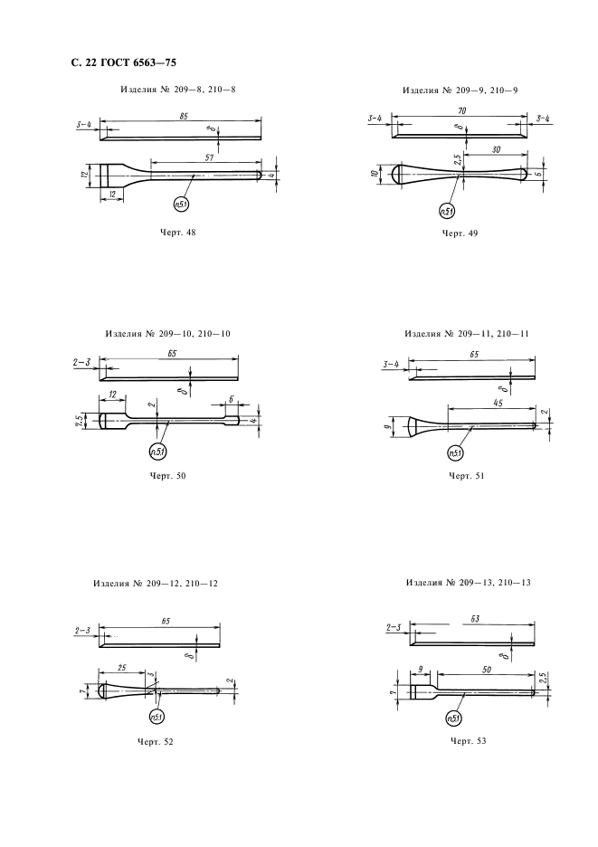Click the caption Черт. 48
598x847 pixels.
pos(178,233)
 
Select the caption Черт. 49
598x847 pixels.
pos(460,233)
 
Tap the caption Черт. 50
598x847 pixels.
pos(167,476)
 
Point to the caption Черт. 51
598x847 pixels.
pos(466,476)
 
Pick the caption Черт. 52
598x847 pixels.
pos(155,742)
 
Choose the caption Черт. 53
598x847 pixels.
pos(468,740)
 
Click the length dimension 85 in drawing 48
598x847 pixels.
pos(185,116)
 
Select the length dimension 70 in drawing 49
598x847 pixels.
pos(462,110)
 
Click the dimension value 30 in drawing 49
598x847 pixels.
pos(496,148)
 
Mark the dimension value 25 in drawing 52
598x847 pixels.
pos(121,668)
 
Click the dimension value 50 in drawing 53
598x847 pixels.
pos(486,670)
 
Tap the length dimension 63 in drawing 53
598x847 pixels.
pos(475,619)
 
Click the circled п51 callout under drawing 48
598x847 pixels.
pos(181,204)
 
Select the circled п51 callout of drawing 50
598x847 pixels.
pos(158,452)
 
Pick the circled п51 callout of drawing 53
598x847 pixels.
pos(454,718)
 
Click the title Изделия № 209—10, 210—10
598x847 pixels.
pos(167,334)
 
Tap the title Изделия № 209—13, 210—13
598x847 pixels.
pos(469,583)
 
